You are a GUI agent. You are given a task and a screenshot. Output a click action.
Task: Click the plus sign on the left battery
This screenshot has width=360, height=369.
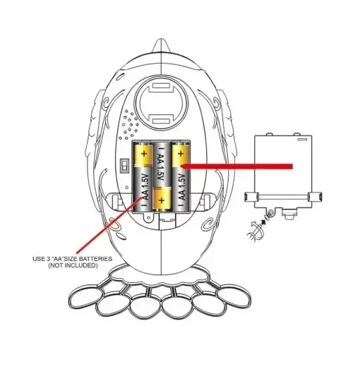point(143,154)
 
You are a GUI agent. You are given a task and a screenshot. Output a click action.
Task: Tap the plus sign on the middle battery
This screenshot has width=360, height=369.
point(162,200)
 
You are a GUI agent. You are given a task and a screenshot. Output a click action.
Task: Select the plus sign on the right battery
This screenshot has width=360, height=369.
point(181,154)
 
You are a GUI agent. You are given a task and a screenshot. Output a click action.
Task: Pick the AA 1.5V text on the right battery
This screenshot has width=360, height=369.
point(182,187)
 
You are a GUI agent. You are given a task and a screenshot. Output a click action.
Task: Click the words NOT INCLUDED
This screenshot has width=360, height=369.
point(73,265)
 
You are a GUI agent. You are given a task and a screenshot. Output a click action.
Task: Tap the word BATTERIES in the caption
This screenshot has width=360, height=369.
point(95,259)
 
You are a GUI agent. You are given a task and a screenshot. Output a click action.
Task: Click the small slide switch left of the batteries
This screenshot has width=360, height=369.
point(124,166)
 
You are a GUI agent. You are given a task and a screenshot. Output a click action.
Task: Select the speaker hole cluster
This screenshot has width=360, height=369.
point(129,125)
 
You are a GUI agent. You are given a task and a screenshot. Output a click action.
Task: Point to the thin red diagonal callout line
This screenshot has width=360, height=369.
point(109,224)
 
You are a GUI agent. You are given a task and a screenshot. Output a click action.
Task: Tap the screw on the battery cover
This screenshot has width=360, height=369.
point(270,213)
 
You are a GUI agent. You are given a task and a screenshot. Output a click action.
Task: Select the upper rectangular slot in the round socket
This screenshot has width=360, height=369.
point(161,85)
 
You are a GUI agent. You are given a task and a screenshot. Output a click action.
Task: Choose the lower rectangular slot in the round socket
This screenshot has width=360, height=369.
point(161,121)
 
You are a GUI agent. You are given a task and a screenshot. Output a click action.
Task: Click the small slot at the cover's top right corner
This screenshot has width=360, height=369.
point(303,139)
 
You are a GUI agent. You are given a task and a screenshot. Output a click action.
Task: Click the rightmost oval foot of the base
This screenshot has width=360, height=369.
point(234,295)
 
